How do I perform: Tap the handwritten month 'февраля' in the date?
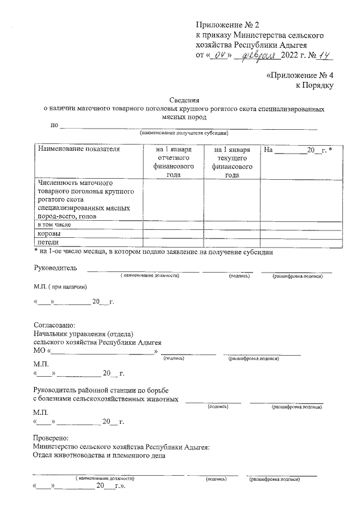pos(258,55)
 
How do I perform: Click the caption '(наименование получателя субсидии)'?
pos(184,133)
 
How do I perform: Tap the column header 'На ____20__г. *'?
pos(298,150)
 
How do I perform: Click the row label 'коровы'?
pos(49,234)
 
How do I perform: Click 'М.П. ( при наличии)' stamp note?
pos(61,286)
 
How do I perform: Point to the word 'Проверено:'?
pos(51,438)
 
